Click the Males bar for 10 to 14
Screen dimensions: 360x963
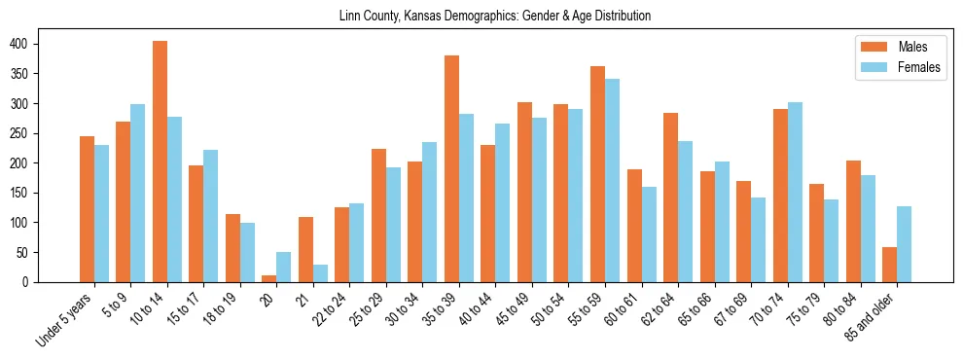[x=160, y=162]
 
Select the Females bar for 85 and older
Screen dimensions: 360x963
[x=904, y=244]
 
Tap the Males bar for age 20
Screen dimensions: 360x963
[x=269, y=278]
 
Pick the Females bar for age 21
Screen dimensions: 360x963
[x=320, y=273]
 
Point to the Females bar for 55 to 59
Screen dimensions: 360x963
[x=612, y=181]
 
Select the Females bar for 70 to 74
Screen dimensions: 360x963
[x=795, y=193]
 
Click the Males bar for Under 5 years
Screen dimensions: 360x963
[x=87, y=209]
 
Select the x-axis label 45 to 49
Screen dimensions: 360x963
[x=513, y=308]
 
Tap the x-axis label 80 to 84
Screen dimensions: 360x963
[x=841, y=308]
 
